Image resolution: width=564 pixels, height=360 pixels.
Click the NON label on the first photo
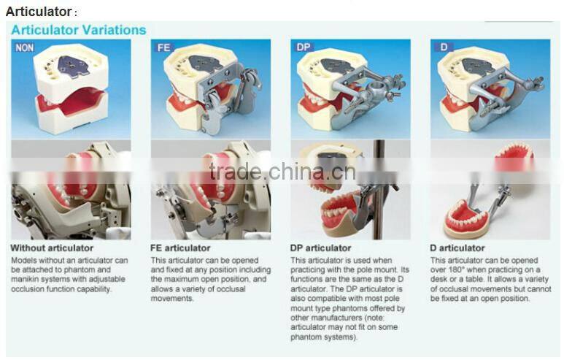pyautogui.click(x=25, y=47)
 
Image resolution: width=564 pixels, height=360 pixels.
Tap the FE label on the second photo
pyautogui.click(x=163, y=47)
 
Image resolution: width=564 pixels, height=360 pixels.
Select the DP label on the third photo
pyautogui.click(x=304, y=47)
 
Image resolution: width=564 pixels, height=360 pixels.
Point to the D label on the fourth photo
pyautogui.click(x=444, y=47)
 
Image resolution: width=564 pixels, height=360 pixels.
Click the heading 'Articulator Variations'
pyautogui.click(x=79, y=30)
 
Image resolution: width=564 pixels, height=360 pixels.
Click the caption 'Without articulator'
pyautogui.click(x=52, y=248)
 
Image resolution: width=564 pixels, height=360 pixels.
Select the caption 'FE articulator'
pyautogui.click(x=180, y=248)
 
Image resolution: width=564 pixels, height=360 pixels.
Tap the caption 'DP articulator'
pyautogui.click(x=320, y=248)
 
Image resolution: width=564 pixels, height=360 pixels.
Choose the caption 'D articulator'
pyautogui.click(x=457, y=248)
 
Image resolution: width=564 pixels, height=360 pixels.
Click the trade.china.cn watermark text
pyautogui.click(x=282, y=172)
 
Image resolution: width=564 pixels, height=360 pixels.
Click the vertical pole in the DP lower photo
pyautogui.click(x=379, y=190)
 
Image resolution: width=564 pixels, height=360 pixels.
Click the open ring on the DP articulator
pyautogui.click(x=378, y=87)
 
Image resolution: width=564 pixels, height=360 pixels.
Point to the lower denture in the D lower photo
pyautogui.click(x=466, y=218)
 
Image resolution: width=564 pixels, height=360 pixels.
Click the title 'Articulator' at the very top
pyautogui.click(x=39, y=12)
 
